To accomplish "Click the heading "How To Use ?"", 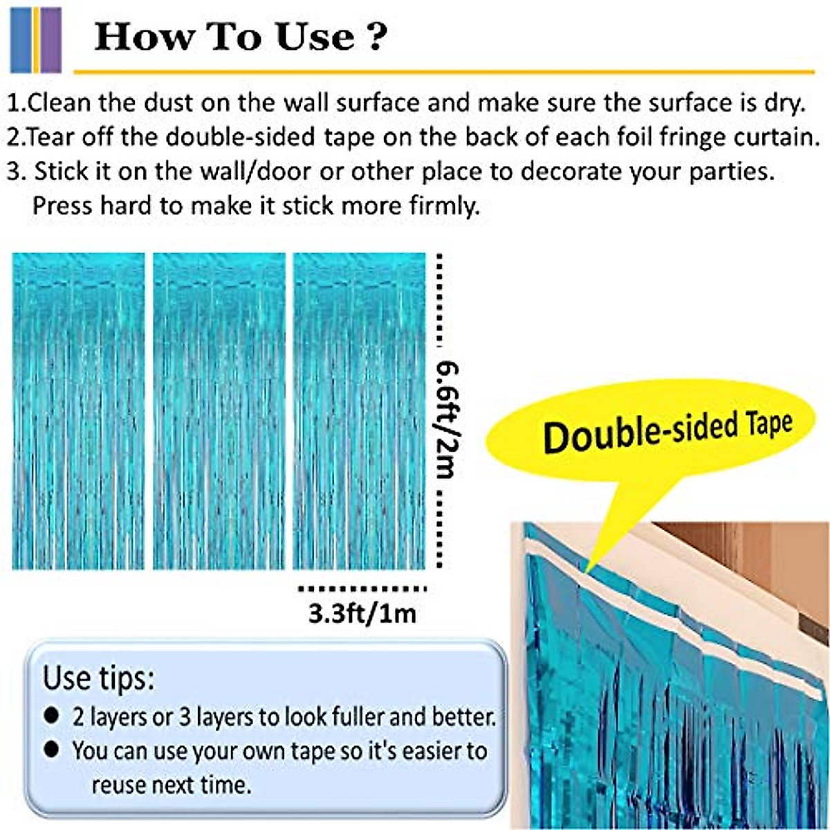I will pos(238,37).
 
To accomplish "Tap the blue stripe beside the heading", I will pos(20,39).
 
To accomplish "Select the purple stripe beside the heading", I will pos(51,39).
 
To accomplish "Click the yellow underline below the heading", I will pos(443,71).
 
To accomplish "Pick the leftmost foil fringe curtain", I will pos(78,412).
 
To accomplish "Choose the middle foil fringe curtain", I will pos(219,412).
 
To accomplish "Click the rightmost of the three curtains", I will pos(359,412).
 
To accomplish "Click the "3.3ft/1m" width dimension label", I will pos(362,614).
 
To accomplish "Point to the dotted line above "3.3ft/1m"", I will pos(362,589).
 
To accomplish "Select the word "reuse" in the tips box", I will pos(119,785).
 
